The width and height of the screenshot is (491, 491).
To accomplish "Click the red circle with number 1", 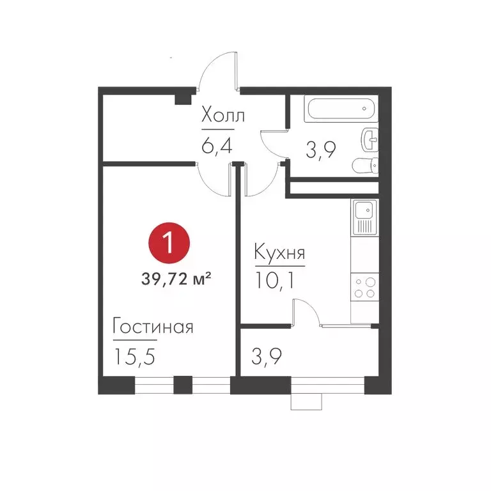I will coord(169,244).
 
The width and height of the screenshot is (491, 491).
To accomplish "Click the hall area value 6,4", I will coord(215,145).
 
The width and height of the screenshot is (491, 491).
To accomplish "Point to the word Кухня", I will coord(279,252).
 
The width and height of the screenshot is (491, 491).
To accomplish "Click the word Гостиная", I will coord(153,327).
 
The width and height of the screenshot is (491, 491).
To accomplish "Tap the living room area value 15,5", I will coord(136,355).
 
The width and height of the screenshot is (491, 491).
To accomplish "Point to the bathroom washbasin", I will coord(370,136).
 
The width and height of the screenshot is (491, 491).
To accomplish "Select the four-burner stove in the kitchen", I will coord(364,287).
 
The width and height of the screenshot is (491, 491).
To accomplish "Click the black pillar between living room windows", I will coord(183,384).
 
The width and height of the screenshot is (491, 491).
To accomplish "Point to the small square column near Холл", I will coord(183,97).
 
